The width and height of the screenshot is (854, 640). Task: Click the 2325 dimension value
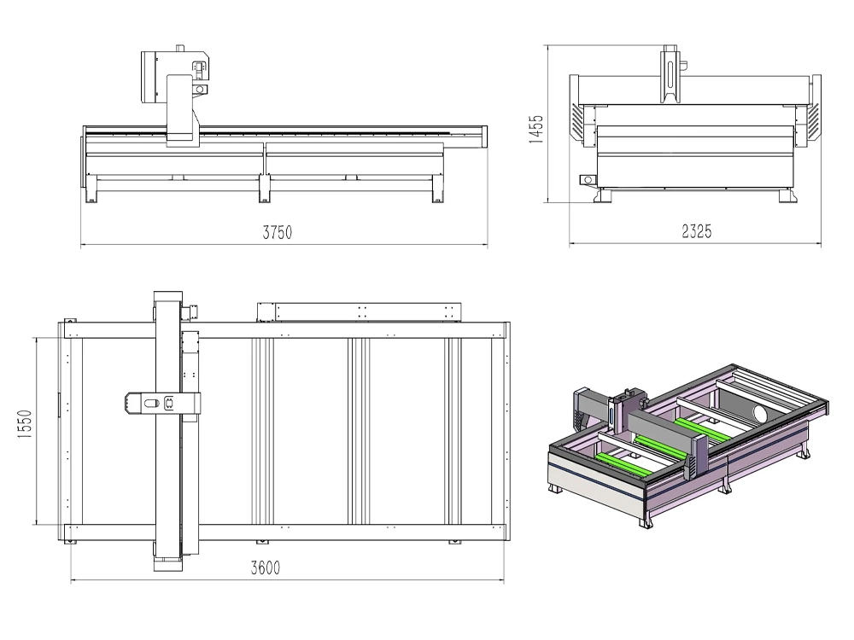pyautogui.click(x=697, y=231)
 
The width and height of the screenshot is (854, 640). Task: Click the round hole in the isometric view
pyautogui.click(x=759, y=413)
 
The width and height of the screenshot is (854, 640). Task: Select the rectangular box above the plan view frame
pyautogui.click(x=359, y=311)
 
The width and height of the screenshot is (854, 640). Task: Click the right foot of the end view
pyautogui.click(x=787, y=195)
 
